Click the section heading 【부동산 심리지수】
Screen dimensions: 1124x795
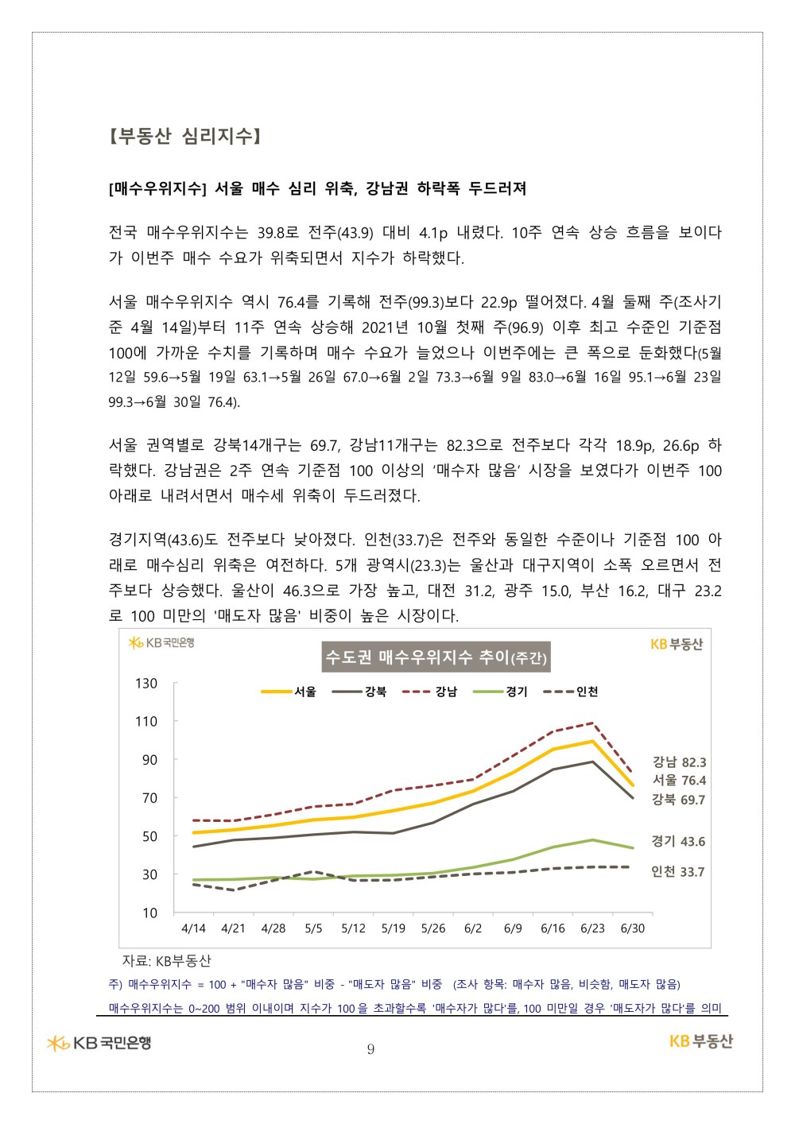coord(184,136)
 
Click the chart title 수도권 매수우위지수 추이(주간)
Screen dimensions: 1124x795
coord(436,657)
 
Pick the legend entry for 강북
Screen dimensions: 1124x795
coord(359,692)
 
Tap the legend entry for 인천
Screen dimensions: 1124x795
coord(571,692)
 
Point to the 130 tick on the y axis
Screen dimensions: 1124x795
coord(146,684)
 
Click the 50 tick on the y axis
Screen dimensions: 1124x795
coord(149,836)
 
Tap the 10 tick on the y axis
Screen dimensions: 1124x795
coord(149,913)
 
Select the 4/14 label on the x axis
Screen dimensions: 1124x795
coord(193,928)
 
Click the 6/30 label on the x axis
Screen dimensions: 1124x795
coord(633,928)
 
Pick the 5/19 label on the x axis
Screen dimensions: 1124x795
coord(393,928)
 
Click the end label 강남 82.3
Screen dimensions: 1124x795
coord(679,762)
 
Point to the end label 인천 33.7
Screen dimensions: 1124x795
coord(677,872)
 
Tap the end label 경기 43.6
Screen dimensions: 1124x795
coord(678,841)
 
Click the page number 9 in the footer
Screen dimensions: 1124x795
coord(370,1049)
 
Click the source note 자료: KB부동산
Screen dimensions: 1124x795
coord(166,961)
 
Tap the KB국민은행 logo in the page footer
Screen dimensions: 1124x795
coord(99,1043)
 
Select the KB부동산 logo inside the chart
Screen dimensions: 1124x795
coord(677,644)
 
